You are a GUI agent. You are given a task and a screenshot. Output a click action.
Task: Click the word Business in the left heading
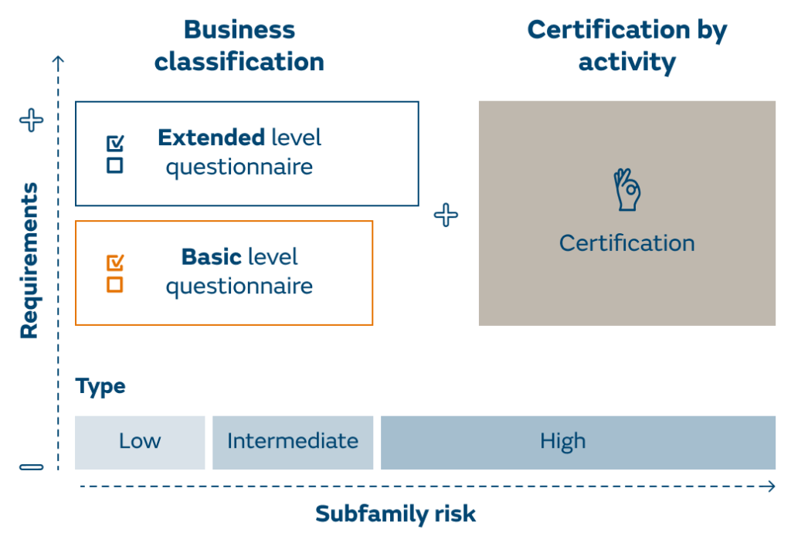click(239, 31)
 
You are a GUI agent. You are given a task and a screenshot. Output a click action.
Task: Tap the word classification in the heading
click(239, 62)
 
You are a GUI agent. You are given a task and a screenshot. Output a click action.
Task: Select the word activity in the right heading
click(626, 62)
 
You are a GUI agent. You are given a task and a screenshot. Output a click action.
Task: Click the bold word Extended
click(210, 138)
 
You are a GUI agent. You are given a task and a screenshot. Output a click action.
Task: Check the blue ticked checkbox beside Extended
click(115, 144)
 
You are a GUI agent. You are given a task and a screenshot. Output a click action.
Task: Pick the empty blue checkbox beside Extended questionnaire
click(115, 164)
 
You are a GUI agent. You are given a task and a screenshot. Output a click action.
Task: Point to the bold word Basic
click(211, 256)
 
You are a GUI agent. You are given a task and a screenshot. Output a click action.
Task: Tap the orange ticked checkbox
click(115, 263)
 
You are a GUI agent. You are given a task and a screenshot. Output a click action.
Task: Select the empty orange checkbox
click(115, 284)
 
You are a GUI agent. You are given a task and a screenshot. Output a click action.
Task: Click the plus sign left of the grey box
click(446, 215)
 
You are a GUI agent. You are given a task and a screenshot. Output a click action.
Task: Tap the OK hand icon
click(626, 190)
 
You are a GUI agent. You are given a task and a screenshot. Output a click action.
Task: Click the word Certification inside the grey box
click(626, 243)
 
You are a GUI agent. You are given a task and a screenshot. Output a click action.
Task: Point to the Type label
click(100, 386)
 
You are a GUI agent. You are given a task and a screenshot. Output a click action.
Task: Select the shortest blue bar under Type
click(140, 442)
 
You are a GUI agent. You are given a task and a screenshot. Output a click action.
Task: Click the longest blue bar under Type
click(578, 442)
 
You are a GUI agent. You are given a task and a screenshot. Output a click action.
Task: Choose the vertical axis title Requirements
click(29, 260)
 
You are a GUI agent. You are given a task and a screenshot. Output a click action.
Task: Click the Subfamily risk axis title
click(395, 514)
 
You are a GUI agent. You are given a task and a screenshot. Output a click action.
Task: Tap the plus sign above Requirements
click(32, 120)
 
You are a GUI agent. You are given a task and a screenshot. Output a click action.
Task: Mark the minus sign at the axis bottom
click(32, 466)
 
